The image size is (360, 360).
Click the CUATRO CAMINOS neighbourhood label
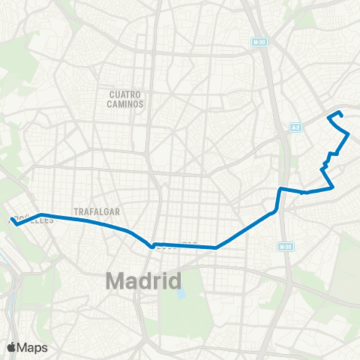(125, 99)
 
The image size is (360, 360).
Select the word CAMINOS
(125, 104)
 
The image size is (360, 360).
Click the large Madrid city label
(143, 281)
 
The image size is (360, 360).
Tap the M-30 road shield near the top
(259, 42)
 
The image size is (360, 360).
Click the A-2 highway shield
(295, 127)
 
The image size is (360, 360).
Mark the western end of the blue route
(11, 220)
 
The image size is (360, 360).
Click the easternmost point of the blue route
(349, 134)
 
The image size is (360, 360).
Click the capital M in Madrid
(115, 281)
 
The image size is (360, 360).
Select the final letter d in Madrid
(175, 281)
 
